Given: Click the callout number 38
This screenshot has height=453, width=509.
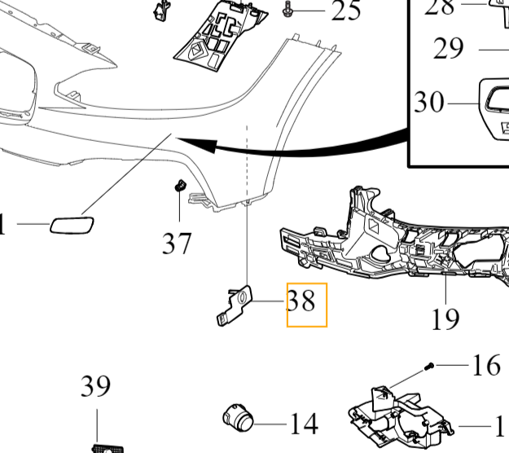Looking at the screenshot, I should [x=301, y=302].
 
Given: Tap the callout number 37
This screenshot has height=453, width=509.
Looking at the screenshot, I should [x=176, y=242].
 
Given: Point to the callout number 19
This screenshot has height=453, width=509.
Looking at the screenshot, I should [x=445, y=318].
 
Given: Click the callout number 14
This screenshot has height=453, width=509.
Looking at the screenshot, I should [x=303, y=424].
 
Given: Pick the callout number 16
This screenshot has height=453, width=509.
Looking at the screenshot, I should [x=486, y=365].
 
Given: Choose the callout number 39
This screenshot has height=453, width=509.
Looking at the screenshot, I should [x=95, y=386].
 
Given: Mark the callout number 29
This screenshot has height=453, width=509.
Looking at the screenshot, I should [x=448, y=49].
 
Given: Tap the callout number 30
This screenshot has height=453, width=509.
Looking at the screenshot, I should [x=429, y=103].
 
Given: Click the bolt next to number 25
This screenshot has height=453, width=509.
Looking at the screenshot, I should [x=289, y=10].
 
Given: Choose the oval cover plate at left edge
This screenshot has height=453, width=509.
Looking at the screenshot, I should [x=72, y=224].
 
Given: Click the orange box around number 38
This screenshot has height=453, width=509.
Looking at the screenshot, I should [x=306, y=305].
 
